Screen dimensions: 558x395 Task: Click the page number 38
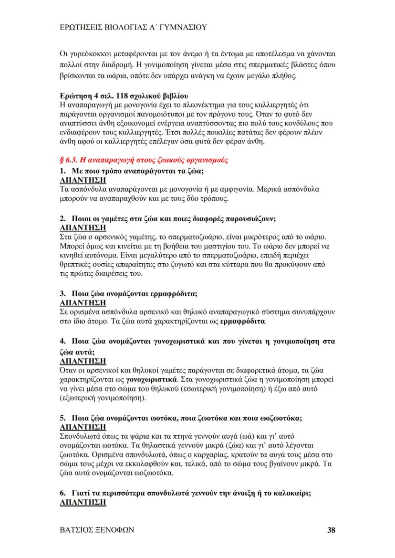coord(331,529)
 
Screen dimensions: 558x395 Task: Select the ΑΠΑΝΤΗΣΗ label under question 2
coord(83,227)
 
